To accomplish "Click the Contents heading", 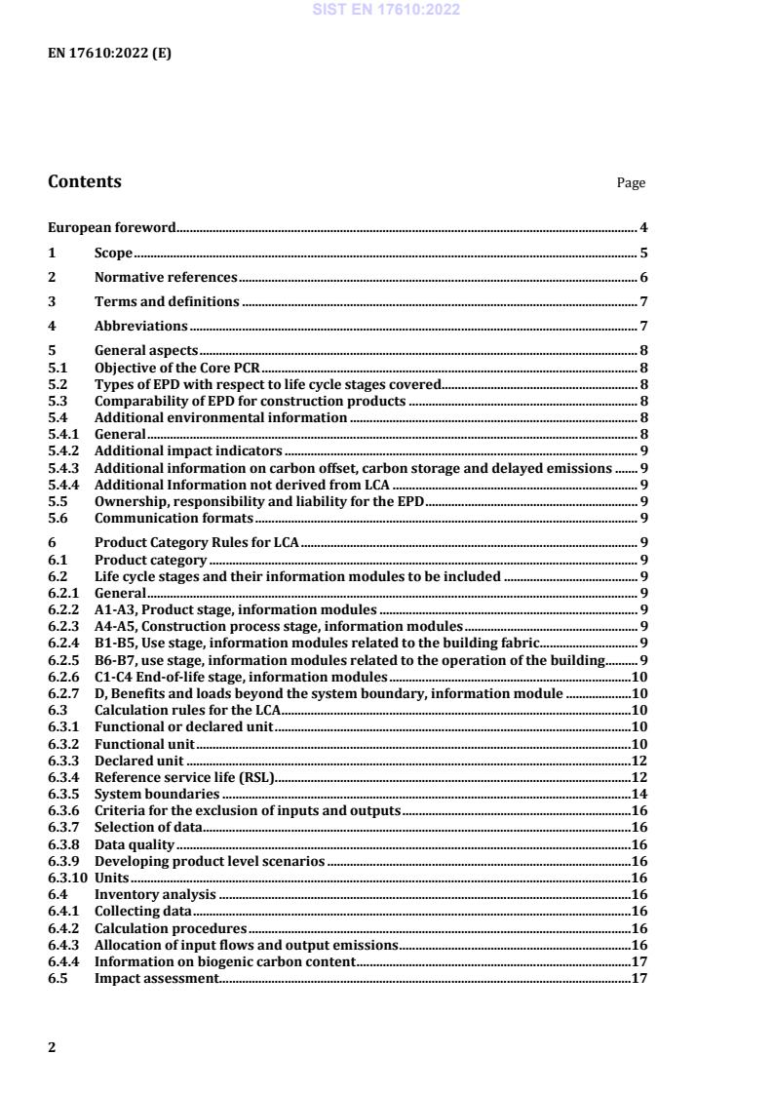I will coord(85,181).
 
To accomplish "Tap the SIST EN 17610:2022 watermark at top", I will coord(386,11).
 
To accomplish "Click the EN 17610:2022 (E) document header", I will coord(109,54).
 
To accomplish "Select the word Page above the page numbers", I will coord(631,183).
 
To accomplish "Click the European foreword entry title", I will coord(112,228).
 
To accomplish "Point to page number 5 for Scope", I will coord(644,254).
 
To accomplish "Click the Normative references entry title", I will coord(166,278).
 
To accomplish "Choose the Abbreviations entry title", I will coord(140,327).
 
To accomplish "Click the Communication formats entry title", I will coord(174,518).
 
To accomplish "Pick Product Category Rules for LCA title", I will coord(198,543).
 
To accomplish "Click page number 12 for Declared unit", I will coord(640,761).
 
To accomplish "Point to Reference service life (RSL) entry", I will coord(185,777).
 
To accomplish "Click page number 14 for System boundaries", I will coord(640,795).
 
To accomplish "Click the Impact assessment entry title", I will coord(156,978).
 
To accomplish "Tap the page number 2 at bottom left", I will coord(53,1047).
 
